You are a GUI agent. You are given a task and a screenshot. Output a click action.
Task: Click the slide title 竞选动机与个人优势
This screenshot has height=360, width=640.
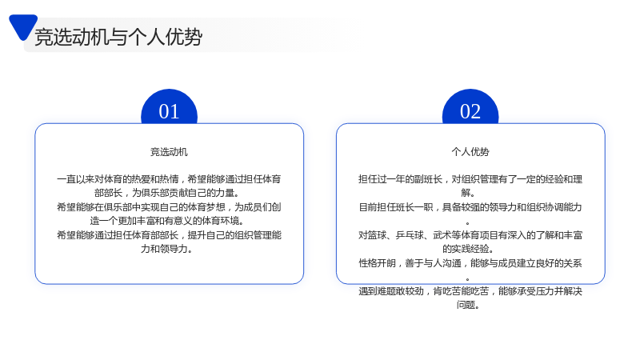118,37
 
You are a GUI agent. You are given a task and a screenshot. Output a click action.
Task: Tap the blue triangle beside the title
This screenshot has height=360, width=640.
23,26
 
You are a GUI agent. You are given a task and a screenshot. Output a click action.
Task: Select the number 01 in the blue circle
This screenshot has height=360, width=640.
169,111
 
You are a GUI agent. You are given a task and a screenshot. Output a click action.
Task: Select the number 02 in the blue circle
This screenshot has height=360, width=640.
470,111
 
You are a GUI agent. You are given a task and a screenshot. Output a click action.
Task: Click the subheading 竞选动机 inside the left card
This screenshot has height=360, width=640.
169,152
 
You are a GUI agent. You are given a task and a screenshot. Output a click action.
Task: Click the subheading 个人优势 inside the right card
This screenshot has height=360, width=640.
470,152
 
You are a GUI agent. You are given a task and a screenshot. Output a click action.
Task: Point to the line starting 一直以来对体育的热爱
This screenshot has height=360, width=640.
169,179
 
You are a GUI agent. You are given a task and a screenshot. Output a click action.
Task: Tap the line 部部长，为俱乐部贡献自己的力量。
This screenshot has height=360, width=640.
167,193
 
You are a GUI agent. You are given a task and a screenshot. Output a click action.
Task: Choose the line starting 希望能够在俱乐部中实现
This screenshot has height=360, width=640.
169,207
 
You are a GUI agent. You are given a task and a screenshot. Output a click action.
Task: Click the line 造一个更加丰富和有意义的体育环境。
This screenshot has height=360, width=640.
167,221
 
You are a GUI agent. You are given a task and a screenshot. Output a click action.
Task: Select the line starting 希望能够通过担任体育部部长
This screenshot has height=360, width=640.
169,235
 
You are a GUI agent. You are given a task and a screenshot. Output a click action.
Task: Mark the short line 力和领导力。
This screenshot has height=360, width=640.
166,249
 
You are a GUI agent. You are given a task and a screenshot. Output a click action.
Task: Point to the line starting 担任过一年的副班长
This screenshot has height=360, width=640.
470,179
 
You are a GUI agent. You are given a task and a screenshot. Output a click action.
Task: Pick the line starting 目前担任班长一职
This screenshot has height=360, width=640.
470,207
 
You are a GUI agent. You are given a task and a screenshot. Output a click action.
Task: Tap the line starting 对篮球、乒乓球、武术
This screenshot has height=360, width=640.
470,235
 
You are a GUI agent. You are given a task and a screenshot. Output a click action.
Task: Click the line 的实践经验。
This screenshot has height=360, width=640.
468,249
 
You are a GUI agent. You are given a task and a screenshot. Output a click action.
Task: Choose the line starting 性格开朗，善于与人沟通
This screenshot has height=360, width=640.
470,263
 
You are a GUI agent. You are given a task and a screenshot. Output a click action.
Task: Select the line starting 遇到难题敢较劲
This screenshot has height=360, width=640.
470,291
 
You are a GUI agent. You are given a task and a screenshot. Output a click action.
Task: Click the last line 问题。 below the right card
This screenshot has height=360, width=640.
468,305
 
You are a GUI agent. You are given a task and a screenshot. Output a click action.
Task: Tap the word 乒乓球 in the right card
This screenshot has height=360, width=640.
410,235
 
